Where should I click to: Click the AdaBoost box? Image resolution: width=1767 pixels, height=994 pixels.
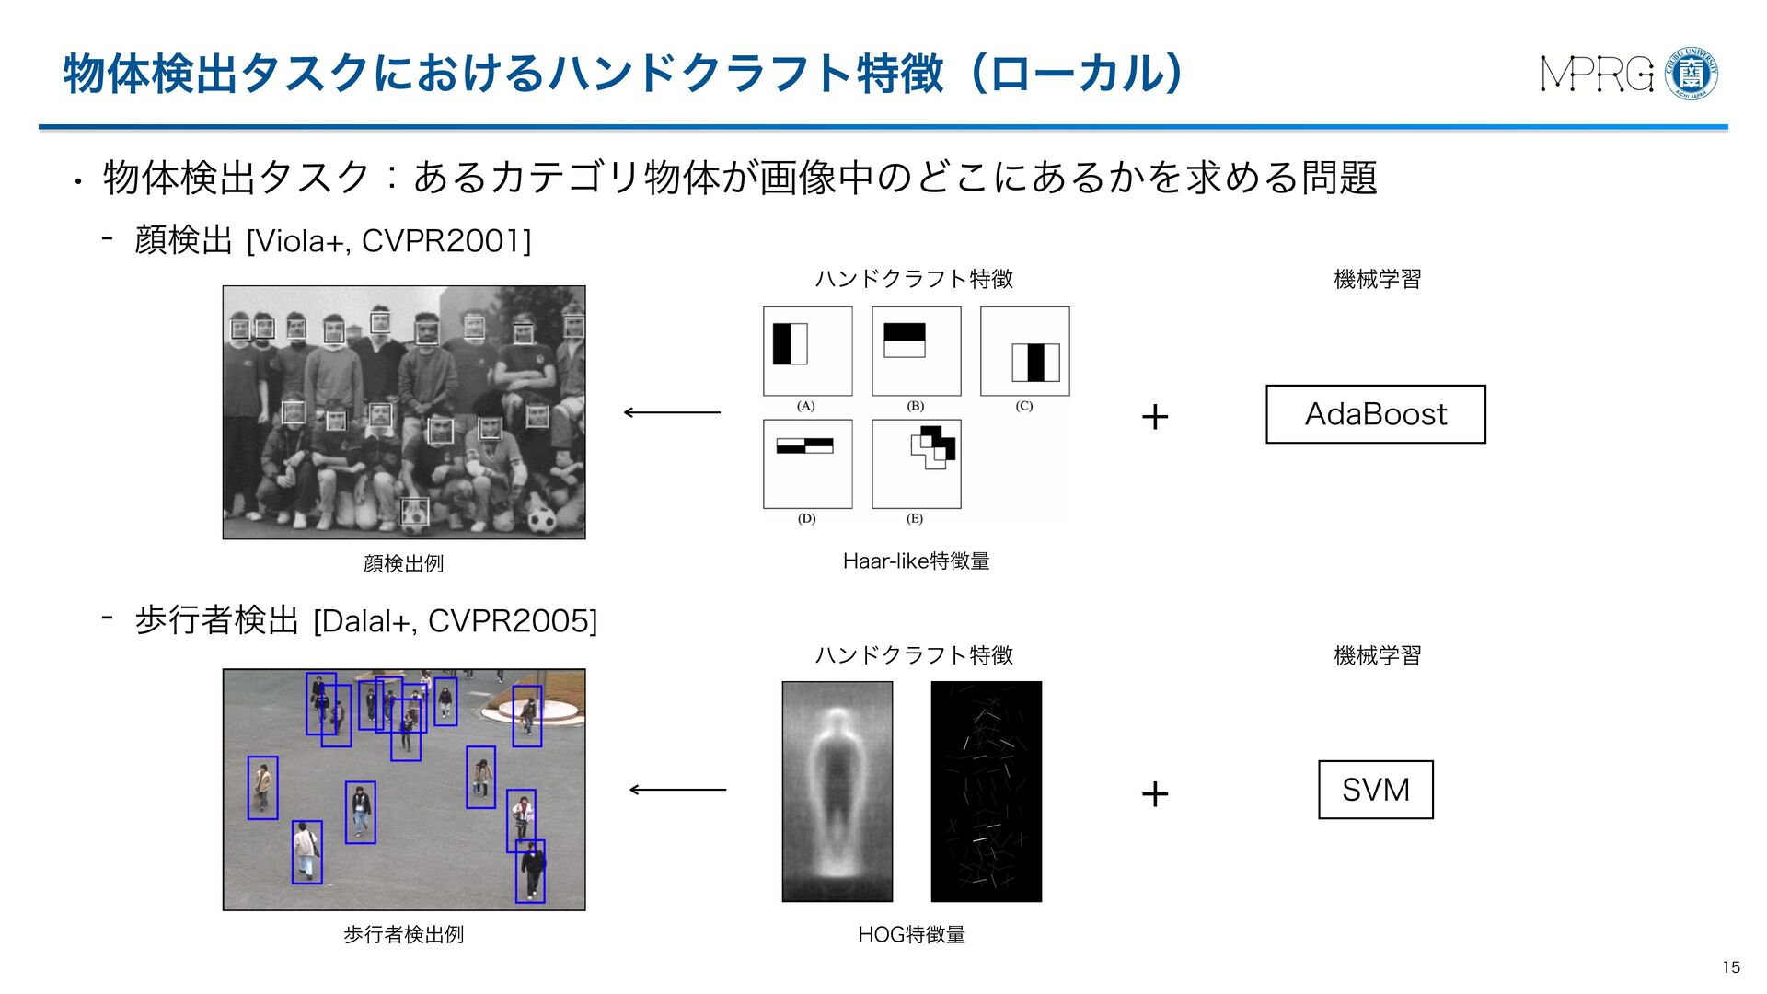[1375, 414]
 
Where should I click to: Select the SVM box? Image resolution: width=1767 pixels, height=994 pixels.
[1375, 790]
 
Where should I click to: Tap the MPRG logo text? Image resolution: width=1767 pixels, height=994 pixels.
[1597, 75]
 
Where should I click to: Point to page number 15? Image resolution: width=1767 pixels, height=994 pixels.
[1730, 967]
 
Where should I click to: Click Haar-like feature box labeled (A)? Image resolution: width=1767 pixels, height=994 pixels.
[807, 351]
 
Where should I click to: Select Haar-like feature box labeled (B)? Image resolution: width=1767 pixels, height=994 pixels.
[916, 351]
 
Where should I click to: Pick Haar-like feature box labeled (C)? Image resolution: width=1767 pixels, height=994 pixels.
[1024, 351]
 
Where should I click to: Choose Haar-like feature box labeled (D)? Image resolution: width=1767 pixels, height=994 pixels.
[807, 464]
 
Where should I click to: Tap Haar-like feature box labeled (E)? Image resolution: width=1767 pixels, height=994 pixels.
[916, 464]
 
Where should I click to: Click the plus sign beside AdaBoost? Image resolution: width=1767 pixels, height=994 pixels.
[1154, 417]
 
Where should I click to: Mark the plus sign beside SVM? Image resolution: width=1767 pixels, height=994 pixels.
[1154, 793]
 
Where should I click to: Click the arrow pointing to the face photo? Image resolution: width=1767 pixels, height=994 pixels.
[672, 412]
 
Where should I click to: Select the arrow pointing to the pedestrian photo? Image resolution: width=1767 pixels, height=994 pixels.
[677, 790]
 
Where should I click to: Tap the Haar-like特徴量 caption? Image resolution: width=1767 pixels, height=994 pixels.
[916, 561]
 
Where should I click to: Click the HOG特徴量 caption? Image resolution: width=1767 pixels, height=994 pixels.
[911, 935]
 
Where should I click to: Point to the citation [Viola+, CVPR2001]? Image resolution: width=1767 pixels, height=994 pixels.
[388, 241]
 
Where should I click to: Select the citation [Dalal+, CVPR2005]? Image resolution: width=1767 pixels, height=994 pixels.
[455, 621]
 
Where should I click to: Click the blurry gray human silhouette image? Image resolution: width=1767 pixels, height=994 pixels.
[837, 791]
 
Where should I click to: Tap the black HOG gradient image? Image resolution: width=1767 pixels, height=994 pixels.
[986, 791]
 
